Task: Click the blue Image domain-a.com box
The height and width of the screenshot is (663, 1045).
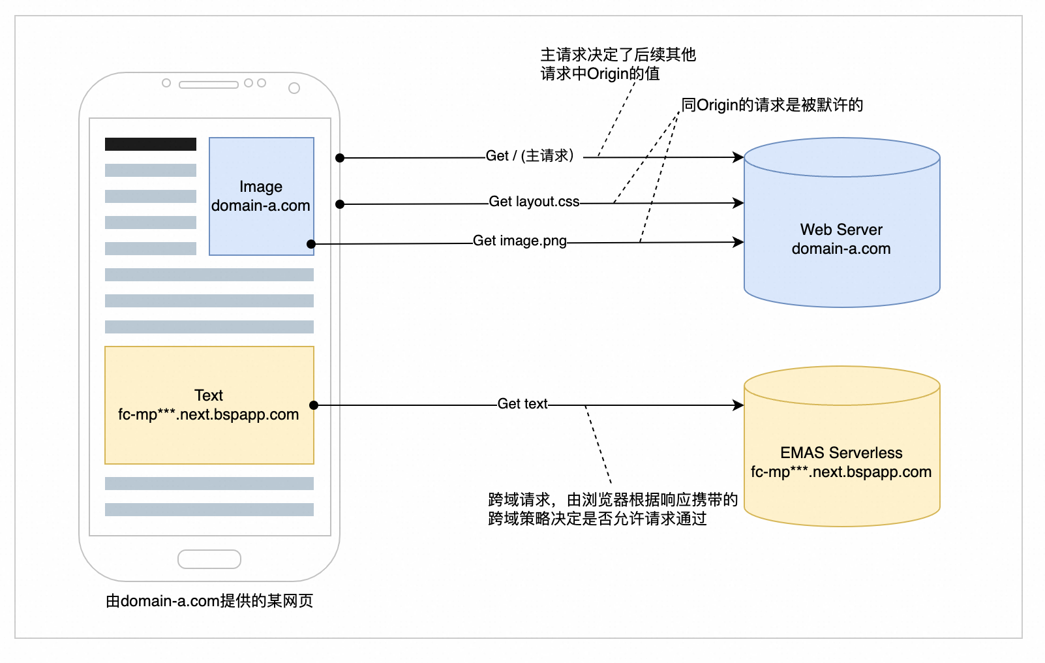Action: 261,196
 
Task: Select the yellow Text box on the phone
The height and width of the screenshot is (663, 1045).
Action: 209,405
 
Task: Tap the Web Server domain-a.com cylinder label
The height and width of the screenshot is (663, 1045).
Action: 841,239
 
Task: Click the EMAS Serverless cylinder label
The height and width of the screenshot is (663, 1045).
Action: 841,462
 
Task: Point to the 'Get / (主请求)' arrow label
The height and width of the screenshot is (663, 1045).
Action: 530,156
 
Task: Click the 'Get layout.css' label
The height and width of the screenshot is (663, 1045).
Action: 534,202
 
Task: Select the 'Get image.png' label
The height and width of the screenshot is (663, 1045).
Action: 519,241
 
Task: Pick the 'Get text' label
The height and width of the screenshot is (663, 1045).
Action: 522,404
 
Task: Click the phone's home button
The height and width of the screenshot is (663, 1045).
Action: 209,559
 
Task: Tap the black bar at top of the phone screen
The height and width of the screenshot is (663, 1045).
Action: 151,144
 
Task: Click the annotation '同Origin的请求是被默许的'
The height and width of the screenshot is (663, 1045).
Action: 772,105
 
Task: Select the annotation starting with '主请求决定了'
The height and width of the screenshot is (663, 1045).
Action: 617,64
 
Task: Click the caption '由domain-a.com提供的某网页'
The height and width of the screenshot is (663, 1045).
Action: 209,601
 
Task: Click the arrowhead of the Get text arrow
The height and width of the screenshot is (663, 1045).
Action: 740,405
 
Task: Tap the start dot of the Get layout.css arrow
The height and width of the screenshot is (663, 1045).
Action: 340,204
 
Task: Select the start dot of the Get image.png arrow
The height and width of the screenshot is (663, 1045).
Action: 311,244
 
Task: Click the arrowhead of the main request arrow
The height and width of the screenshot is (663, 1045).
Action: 740,157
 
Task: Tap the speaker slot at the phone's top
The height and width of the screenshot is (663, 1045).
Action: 208,84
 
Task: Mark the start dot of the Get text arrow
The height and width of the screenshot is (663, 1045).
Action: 314,405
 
